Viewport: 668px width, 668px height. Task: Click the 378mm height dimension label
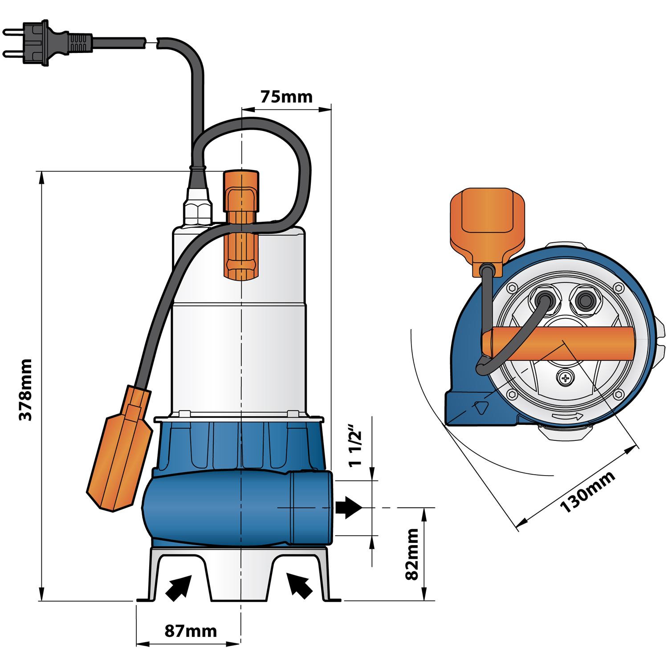tap(25, 390)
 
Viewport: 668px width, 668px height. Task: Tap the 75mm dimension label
tap(286, 97)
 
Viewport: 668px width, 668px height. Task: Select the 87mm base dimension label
tap(191, 631)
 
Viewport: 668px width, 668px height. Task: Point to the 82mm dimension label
tap(412, 554)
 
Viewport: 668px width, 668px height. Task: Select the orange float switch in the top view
tap(488, 227)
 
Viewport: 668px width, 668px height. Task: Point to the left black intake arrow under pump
tap(179, 588)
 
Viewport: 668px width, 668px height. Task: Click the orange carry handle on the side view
tap(241, 225)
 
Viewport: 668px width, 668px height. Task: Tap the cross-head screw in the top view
tap(565, 379)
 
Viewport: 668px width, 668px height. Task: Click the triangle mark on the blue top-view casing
tap(481, 407)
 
